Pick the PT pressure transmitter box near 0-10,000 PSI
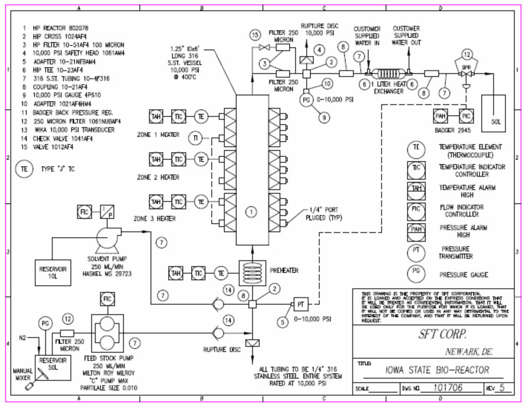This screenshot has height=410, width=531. (x=300, y=305)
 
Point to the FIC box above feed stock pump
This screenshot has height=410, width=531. (x=107, y=300)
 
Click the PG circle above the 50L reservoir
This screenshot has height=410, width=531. (x=45, y=323)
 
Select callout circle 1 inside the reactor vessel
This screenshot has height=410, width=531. (x=252, y=211)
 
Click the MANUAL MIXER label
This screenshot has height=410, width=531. (x=23, y=375)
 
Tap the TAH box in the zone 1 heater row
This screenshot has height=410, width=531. (x=156, y=116)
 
